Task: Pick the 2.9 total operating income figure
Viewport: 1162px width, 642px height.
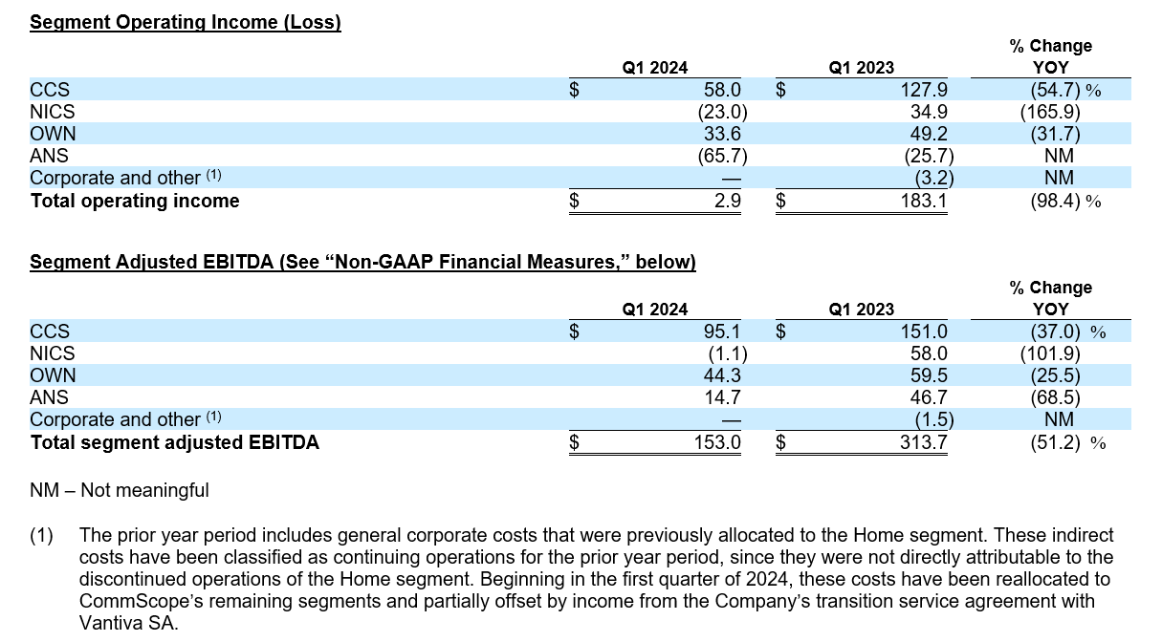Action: coord(726,201)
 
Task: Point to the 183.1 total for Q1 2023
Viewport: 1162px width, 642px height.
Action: coord(925,201)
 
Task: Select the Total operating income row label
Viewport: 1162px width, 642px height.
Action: coord(135,201)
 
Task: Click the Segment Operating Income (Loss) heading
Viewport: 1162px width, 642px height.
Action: coord(186,22)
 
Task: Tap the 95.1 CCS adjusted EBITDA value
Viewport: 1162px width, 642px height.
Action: coord(722,332)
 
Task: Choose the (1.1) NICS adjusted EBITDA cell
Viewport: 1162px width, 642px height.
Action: coord(724,353)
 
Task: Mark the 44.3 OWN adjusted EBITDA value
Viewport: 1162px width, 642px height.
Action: coord(722,375)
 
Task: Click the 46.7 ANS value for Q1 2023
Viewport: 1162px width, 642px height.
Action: coord(928,397)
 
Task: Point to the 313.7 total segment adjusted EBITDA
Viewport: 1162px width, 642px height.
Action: coord(925,442)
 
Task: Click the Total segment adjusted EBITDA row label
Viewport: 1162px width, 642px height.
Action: coord(175,442)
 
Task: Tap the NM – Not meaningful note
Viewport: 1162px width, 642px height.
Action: coord(120,491)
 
